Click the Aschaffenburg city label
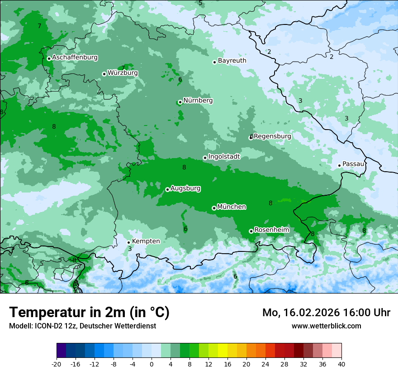(x=75, y=58)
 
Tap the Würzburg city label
(x=123, y=73)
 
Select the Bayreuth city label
(x=232, y=60)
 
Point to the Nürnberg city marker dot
(x=180, y=102)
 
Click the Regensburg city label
(x=272, y=136)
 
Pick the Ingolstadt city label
(x=224, y=156)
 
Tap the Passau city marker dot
(x=339, y=165)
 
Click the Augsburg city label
(x=185, y=188)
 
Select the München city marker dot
(x=214, y=208)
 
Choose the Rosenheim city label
(x=271, y=230)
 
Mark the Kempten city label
(x=146, y=241)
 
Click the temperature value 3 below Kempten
(x=130, y=249)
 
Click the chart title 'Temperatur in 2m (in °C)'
(x=89, y=312)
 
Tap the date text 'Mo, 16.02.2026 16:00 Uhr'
(x=326, y=313)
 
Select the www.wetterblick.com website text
(x=326, y=326)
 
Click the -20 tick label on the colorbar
(x=57, y=364)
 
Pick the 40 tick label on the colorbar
(x=341, y=364)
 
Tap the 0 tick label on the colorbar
(x=152, y=364)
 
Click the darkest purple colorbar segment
(x=62, y=351)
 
